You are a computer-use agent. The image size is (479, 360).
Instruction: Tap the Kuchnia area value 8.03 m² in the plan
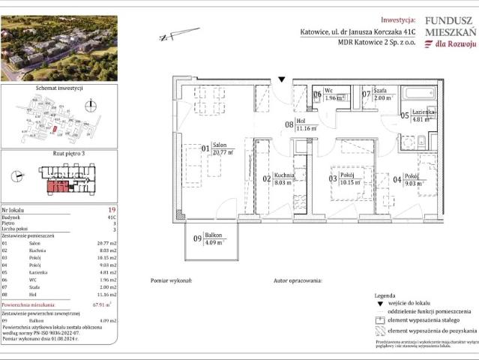point(282,181)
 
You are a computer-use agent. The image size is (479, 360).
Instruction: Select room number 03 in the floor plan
point(332,178)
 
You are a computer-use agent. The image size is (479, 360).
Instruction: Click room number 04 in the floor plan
point(396,178)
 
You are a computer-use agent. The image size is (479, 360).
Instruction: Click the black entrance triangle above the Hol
point(282,77)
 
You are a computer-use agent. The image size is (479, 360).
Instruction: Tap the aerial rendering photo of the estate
point(58,49)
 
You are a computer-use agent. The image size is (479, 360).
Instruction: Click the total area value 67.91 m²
point(103,304)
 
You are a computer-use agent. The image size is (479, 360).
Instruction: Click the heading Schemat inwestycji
point(58,88)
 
